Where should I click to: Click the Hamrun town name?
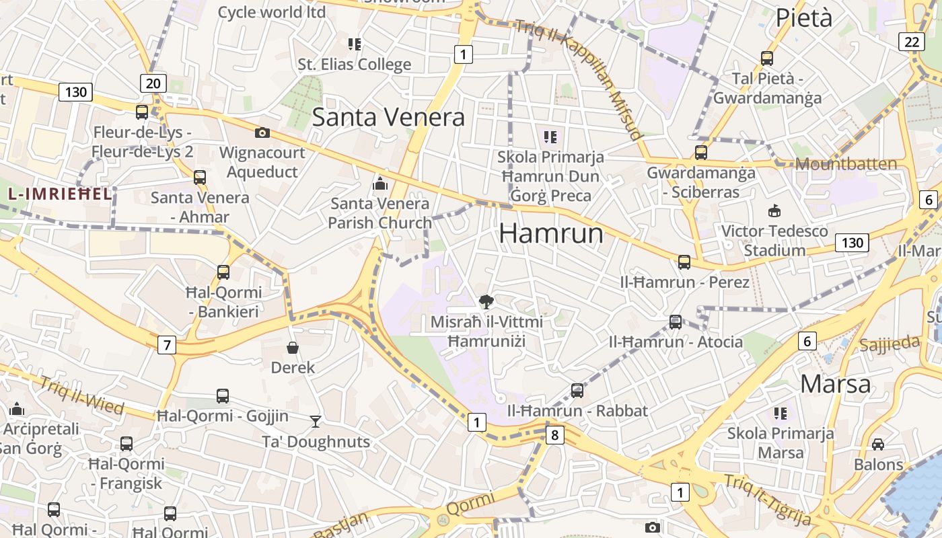pyautogui.click(x=551, y=233)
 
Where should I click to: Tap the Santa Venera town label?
pyautogui.click(x=388, y=117)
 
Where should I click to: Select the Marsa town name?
pyautogui.click(x=836, y=384)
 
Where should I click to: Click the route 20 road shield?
pyautogui.click(x=153, y=83)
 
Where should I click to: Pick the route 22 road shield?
pyautogui.click(x=912, y=42)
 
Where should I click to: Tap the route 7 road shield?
pyautogui.click(x=167, y=346)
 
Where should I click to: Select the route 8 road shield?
pyautogui.click(x=554, y=435)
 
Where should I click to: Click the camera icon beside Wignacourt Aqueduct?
pyautogui.click(x=262, y=133)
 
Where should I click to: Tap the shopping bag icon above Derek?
pyautogui.click(x=293, y=348)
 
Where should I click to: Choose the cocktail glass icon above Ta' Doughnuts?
pyautogui.click(x=316, y=422)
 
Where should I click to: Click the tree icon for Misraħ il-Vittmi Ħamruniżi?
pyautogui.click(x=486, y=301)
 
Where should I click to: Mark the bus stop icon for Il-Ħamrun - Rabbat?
pyautogui.click(x=577, y=391)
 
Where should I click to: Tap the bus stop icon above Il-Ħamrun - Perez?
pyautogui.click(x=684, y=262)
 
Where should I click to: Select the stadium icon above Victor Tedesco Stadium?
pyautogui.click(x=774, y=210)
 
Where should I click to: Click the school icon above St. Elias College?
pyautogui.click(x=355, y=44)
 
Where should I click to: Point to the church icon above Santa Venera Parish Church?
pyautogui.click(x=380, y=183)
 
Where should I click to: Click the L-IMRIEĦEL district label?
pyautogui.click(x=59, y=194)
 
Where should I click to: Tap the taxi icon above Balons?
pyautogui.click(x=878, y=445)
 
